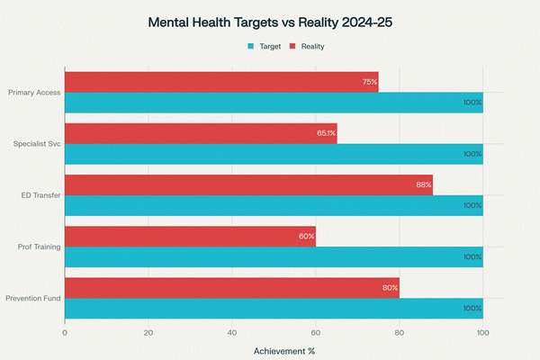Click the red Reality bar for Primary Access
pos(221,82)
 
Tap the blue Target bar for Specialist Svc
pos(274,154)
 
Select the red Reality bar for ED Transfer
pos(248,184)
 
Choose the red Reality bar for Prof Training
pos(190,236)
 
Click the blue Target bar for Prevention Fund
pos(274,309)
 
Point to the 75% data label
pos(369,82)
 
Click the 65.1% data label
pos(326,133)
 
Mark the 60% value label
pos(306,236)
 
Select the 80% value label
pos(390,288)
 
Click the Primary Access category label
pos(33,92)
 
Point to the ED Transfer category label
pos(40,195)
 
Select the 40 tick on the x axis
pos(232,332)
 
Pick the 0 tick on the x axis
pos(65,332)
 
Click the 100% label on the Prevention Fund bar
pos(472,309)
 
